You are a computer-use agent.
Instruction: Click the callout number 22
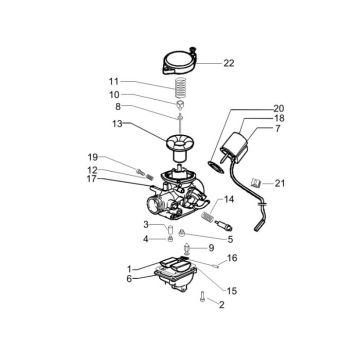tap(228, 62)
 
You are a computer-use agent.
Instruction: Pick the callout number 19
tap(120, 158)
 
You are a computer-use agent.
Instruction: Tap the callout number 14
tap(229, 200)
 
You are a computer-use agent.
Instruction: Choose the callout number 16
tap(233, 257)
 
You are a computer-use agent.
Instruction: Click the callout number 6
tap(129, 278)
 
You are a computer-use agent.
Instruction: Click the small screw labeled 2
tap(203, 296)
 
